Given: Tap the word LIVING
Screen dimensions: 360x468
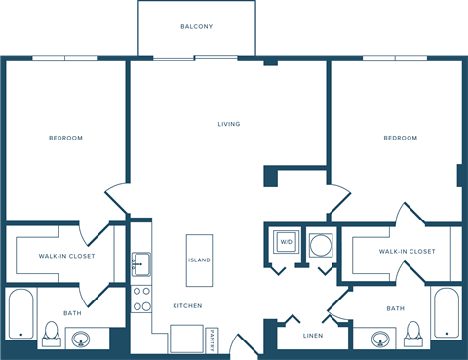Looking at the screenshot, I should [229, 124].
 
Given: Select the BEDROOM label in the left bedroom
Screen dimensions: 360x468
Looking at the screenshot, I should [65, 138].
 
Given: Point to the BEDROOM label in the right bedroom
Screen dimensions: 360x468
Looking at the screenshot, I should [400, 138].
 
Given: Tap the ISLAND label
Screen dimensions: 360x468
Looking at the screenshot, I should [199, 260].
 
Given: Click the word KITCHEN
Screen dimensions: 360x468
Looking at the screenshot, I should [187, 306].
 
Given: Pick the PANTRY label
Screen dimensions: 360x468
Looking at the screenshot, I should [212, 340].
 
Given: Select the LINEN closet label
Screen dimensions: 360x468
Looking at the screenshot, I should [312, 336].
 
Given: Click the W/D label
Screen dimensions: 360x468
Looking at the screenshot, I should [287, 241].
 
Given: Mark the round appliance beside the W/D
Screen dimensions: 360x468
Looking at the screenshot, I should [320, 242].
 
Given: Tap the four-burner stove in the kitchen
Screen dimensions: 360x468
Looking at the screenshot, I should [140, 299].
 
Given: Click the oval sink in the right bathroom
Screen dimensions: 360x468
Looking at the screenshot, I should [381, 339].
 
